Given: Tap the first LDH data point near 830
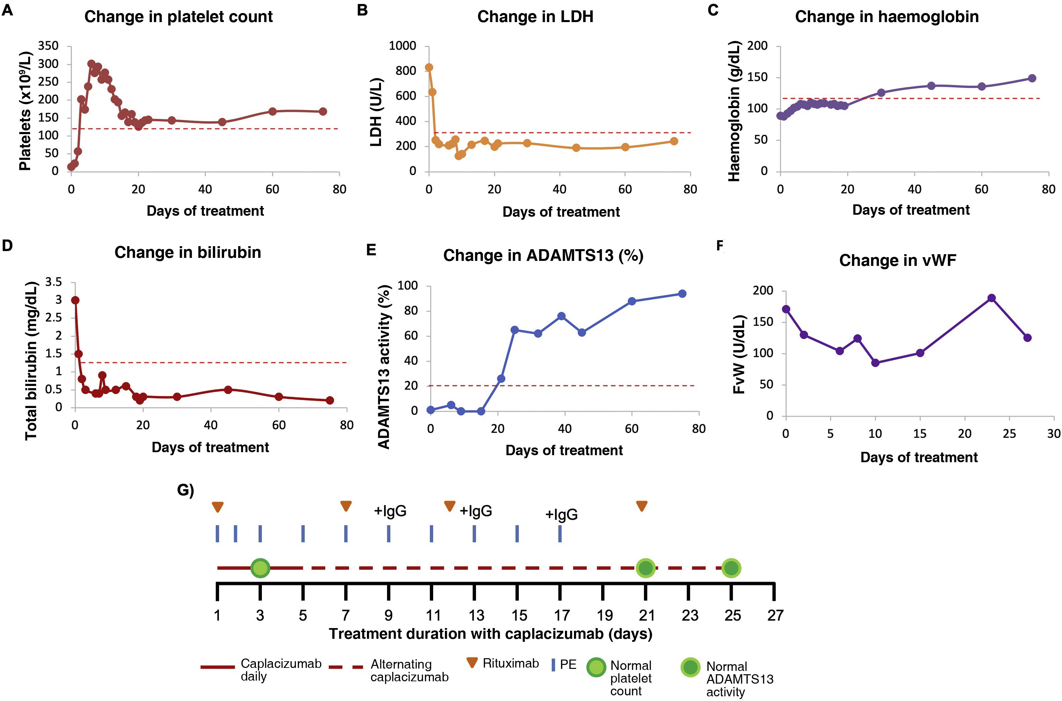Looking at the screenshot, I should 429,68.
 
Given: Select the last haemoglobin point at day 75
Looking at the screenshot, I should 1032,78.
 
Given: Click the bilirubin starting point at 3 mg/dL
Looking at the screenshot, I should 75,300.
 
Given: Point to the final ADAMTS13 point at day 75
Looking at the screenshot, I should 682,294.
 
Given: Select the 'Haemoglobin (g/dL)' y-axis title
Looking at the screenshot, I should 734,111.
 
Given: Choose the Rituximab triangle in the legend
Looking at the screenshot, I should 472,663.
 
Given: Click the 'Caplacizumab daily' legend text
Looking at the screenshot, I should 281,670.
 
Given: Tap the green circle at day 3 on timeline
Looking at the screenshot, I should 260,568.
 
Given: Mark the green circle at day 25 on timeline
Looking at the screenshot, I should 731,568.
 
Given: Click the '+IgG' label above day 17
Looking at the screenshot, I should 561,515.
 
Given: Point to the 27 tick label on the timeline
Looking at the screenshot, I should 775,616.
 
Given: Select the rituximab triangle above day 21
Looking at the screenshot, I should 642,506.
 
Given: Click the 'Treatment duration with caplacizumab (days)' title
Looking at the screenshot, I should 491,634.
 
